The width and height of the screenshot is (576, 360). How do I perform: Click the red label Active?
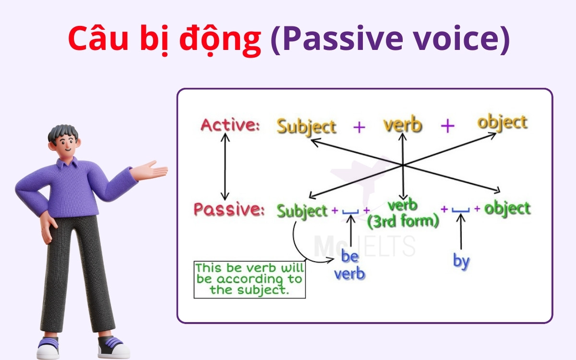230,125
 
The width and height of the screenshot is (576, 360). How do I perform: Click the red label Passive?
229,209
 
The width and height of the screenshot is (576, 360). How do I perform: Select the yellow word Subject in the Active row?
306,126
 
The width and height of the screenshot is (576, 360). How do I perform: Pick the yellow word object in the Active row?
502,122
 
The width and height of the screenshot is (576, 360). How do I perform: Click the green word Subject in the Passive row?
302,211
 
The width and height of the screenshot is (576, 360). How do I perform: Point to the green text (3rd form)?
403,221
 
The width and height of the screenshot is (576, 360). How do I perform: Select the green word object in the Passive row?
507,209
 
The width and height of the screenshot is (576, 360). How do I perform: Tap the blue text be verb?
349,265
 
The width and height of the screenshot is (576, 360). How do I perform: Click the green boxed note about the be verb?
250,279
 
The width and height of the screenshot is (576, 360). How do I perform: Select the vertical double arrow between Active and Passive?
224,166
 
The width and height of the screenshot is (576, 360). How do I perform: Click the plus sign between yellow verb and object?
447,126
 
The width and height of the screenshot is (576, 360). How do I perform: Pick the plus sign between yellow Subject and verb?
359,127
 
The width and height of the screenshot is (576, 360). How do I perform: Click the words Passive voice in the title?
389,40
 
